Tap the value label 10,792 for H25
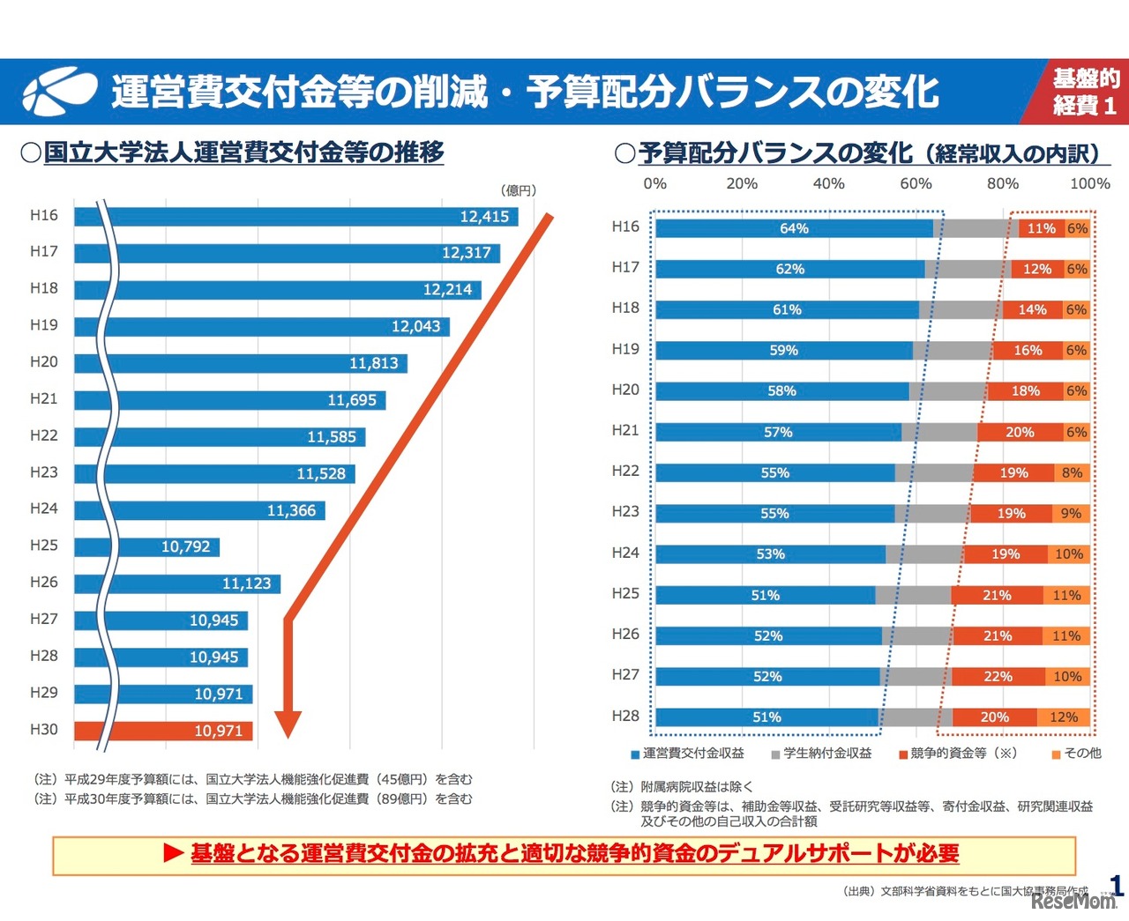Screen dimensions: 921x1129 point(186,546)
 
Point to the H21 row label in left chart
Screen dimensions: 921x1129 point(43,398)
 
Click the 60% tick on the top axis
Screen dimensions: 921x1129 point(915,183)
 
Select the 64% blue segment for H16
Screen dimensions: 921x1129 point(794,228)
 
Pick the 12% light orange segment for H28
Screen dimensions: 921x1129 point(1063,717)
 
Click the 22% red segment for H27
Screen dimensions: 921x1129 point(997,677)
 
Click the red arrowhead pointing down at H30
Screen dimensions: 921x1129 point(288,724)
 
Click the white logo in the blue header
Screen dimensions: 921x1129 point(58,91)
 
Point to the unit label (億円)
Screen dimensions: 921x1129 point(518,190)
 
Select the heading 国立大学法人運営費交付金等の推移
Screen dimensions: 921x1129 point(243,152)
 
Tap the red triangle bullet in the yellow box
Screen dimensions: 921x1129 point(173,853)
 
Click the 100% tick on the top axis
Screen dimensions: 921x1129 point(1089,183)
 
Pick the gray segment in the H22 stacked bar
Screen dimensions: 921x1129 point(934,473)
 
